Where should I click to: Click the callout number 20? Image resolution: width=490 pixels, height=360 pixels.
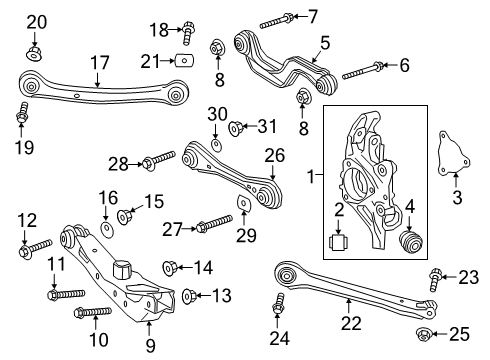[36, 22]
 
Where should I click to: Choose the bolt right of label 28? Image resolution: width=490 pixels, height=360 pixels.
[160, 160]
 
